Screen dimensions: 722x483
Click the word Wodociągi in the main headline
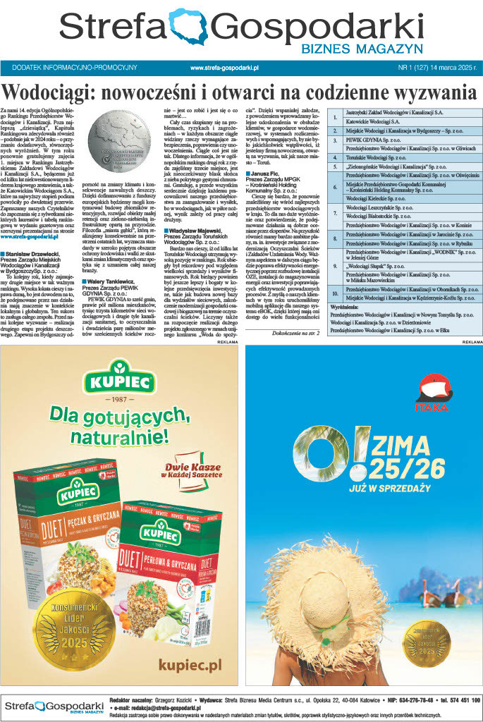tap(49, 93)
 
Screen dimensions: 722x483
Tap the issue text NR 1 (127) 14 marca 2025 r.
tap(437, 68)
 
